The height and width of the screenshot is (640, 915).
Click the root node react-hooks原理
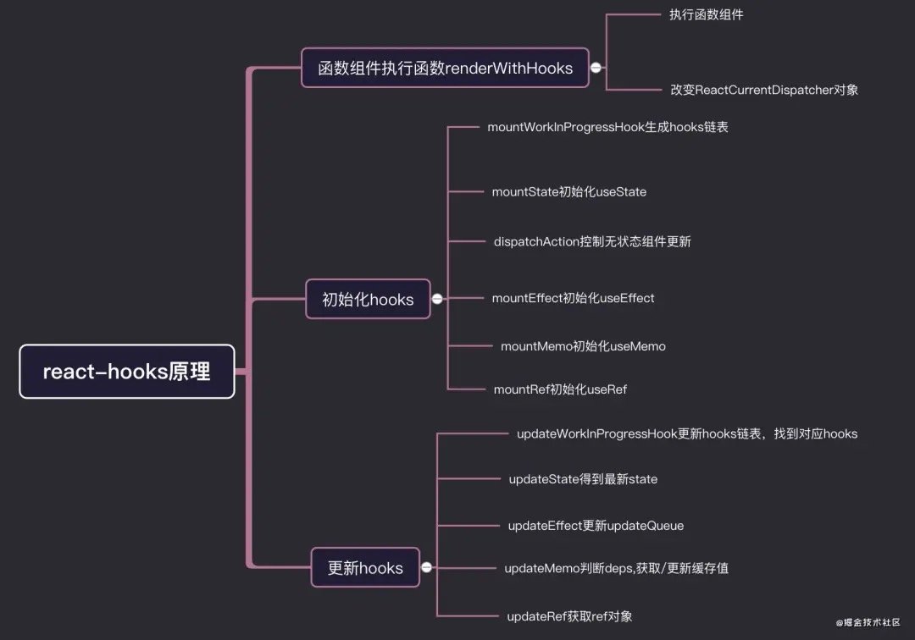[x=127, y=372]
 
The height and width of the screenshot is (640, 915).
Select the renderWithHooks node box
[x=446, y=68]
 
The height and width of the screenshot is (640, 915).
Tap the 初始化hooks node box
[x=368, y=299]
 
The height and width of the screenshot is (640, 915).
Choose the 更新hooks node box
[x=365, y=567]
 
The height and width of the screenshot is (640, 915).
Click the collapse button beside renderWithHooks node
[x=596, y=68]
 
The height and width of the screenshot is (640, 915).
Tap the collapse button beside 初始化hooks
[x=437, y=299]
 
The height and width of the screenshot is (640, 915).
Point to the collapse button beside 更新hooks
[x=426, y=567]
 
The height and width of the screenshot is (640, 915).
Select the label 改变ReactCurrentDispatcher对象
[x=763, y=89]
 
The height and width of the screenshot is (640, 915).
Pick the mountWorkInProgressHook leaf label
[x=607, y=127]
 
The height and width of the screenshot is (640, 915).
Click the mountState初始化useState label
[x=568, y=192]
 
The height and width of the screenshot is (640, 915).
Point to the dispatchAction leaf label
[x=592, y=241]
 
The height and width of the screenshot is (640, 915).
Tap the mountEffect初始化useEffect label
[x=573, y=298]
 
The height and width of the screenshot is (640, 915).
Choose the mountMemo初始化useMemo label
[x=583, y=346]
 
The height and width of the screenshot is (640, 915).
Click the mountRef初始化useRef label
[x=560, y=389]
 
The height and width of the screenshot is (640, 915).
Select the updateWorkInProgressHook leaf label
[x=686, y=433]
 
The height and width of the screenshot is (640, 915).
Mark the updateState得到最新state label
[x=583, y=479]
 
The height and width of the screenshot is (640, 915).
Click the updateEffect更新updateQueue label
[x=596, y=526]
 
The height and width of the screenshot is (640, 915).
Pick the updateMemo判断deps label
[x=616, y=568]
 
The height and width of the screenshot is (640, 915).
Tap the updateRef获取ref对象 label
[x=569, y=615]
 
